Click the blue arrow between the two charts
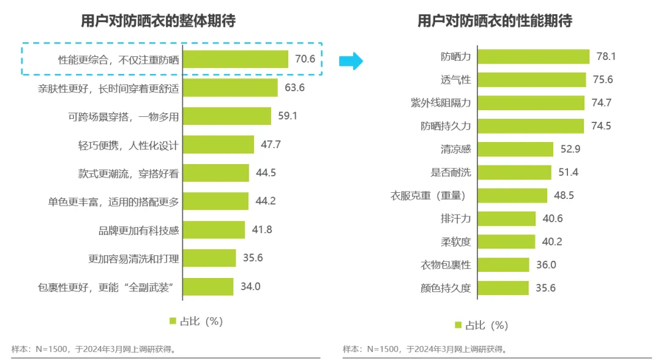(351, 61)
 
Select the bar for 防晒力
(533, 56)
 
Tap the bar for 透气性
(530, 80)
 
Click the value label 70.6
(305, 59)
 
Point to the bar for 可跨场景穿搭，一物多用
(227, 116)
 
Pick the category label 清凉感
(456, 149)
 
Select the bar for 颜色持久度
(502, 288)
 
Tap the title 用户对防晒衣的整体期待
(158, 21)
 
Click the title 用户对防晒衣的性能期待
(495, 21)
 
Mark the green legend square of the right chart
(458, 325)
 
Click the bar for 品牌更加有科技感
(214, 230)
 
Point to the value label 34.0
(250, 287)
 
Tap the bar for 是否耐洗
(514, 173)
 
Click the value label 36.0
(547, 264)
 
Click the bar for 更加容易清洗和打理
(209, 258)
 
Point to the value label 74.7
(600, 103)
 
